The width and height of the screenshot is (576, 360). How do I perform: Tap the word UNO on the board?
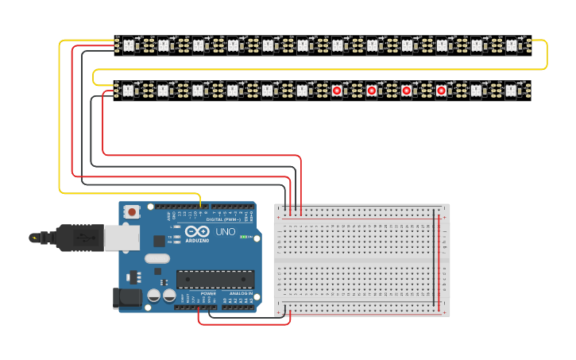226,232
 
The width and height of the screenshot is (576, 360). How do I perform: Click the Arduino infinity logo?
196,232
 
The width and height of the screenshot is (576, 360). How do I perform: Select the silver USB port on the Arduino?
122,236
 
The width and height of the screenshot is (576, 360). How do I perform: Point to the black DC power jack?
127,297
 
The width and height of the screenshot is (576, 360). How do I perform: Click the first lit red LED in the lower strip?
337,91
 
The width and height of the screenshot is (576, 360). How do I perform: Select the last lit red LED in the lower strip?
442,91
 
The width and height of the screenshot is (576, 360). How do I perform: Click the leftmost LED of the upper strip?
128,45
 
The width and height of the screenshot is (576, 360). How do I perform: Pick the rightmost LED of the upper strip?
512,45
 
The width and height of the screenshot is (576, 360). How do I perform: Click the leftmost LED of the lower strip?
128,91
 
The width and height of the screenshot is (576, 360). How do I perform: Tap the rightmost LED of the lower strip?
512,91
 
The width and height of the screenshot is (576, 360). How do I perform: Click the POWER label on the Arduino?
208,293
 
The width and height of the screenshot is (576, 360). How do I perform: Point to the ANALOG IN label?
242,293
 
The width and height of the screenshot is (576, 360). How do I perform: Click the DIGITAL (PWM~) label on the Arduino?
225,220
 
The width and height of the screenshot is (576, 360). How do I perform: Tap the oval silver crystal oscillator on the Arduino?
157,257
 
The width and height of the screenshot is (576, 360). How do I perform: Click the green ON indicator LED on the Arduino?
251,237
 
